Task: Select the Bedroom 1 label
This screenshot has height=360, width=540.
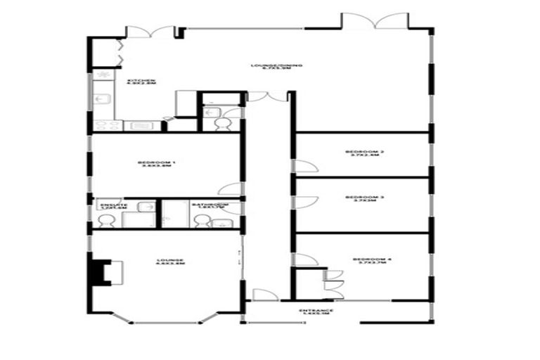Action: point(157,165)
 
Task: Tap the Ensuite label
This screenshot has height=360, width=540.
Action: point(109,207)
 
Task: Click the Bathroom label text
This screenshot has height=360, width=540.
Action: point(204,207)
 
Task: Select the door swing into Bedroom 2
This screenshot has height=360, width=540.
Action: point(304,166)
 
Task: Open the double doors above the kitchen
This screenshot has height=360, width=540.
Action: point(149,32)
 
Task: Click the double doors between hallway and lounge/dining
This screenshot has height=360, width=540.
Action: point(267,96)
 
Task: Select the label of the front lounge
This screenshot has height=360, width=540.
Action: point(170,262)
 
